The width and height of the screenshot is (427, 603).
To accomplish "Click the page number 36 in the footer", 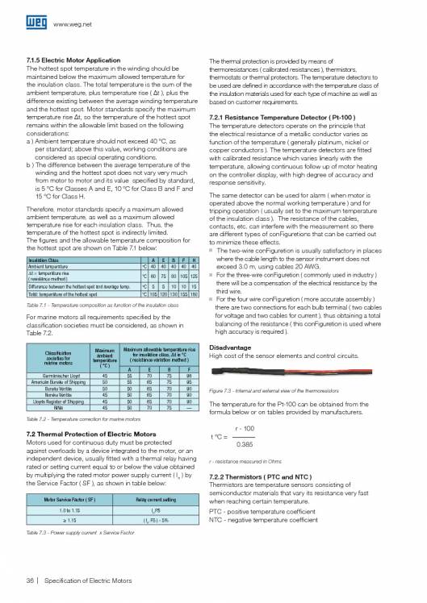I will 30,580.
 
